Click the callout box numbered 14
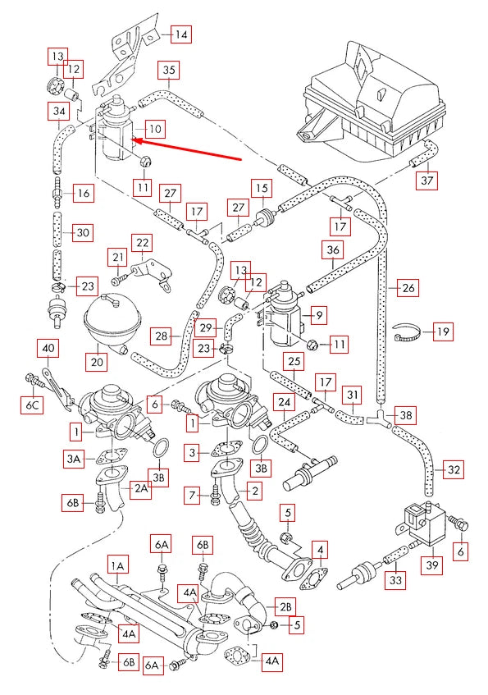(x=181, y=34)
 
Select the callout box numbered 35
(x=169, y=70)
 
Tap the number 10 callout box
(x=155, y=129)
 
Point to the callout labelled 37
(x=426, y=180)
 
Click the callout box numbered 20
(x=97, y=361)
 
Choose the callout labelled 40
(x=48, y=349)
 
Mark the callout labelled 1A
(x=117, y=566)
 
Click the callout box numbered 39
(x=432, y=565)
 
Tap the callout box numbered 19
(x=443, y=331)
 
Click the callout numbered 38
(x=406, y=415)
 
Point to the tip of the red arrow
(x=133, y=141)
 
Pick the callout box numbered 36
(x=333, y=250)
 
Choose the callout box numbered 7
(x=192, y=494)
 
